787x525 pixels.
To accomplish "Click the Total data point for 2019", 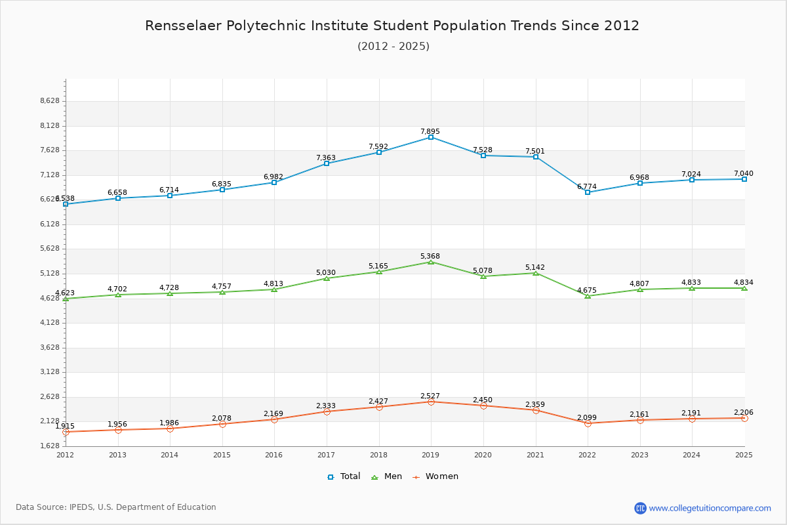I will click(431, 137).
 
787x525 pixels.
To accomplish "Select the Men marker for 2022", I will click(588, 296).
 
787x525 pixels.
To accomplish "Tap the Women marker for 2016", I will click(274, 419).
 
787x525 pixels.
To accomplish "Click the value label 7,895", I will click(430, 131).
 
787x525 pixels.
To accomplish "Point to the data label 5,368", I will click(430, 256).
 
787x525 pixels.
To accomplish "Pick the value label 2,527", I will click(430, 396).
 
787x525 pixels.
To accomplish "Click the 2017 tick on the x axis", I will click(326, 454).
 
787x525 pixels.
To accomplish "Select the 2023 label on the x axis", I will click(639, 454).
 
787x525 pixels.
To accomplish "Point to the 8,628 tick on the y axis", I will click(50, 100).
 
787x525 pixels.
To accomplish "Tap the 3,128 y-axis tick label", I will click(50, 371).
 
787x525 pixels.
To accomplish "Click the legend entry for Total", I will click(344, 476).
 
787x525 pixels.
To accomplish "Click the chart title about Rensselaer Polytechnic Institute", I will click(392, 26).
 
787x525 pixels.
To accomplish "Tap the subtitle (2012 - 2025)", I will click(393, 46).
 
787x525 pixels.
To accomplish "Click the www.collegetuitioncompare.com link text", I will click(710, 508).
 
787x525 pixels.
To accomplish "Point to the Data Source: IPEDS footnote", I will click(116, 507).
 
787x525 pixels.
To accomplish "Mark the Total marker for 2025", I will click(744, 179).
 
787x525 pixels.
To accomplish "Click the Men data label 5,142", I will click(535, 267).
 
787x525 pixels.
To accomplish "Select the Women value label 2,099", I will click(587, 417).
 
